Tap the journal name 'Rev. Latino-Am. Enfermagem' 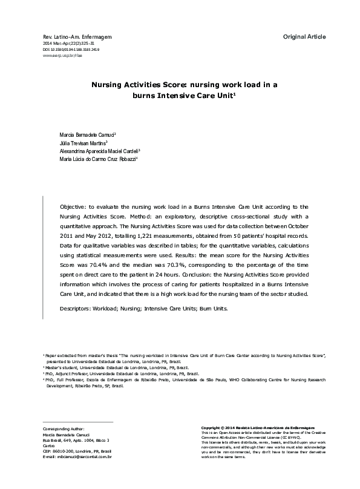click(77, 38)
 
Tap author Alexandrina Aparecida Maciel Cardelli click(99, 151)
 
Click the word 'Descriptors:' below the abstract click(80, 308)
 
